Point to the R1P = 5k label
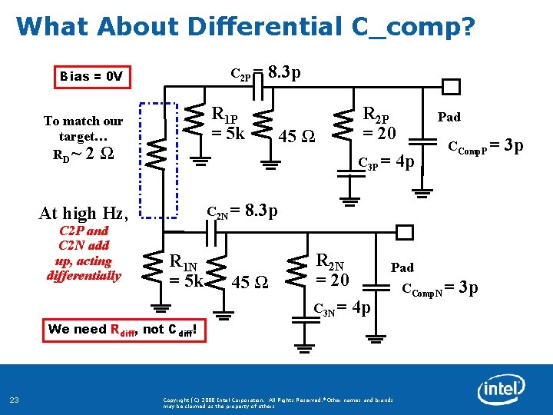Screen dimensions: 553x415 (x=228, y=124)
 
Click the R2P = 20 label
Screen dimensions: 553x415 (x=379, y=124)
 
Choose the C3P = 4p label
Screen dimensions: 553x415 (x=387, y=162)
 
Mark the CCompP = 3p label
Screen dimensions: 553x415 (x=485, y=145)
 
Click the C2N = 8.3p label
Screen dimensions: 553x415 (x=243, y=211)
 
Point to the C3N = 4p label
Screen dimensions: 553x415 (x=343, y=308)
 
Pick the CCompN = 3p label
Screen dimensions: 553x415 (x=440, y=288)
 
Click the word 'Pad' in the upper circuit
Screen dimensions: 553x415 (x=449, y=118)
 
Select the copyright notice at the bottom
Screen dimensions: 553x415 (x=278, y=403)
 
